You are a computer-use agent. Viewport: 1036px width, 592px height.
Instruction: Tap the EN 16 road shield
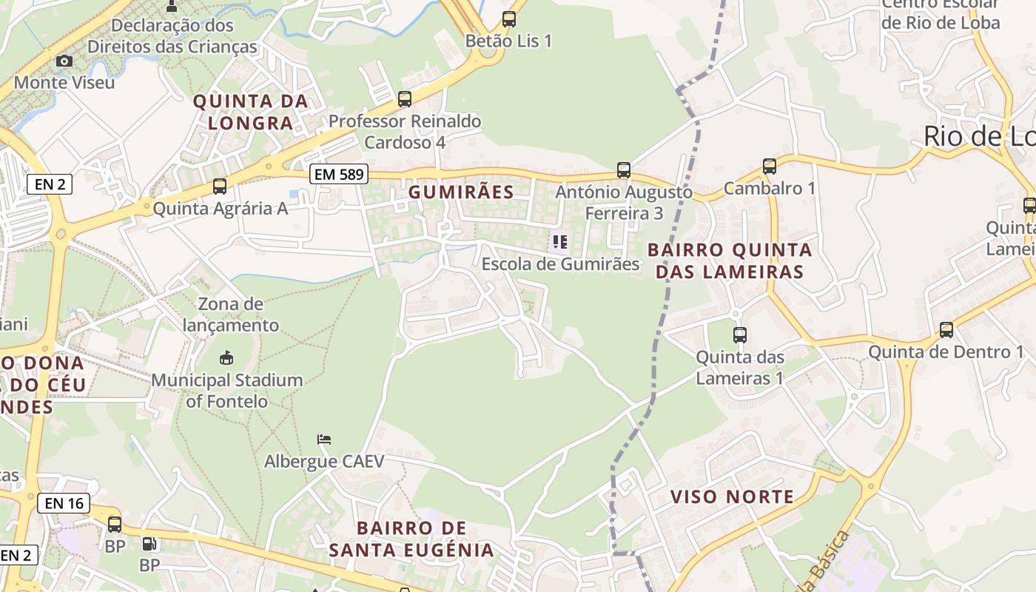pyautogui.click(x=64, y=504)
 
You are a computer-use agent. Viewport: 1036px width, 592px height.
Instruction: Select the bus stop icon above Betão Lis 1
pyautogui.click(x=509, y=19)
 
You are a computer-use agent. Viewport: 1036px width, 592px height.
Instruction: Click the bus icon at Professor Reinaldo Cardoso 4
pyautogui.click(x=405, y=99)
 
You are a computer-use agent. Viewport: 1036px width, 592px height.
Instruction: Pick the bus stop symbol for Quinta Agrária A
pyautogui.click(x=220, y=186)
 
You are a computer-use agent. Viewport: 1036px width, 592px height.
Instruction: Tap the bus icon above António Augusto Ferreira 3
pyautogui.click(x=624, y=170)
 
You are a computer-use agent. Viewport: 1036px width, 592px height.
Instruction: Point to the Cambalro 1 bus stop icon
pyautogui.click(x=770, y=166)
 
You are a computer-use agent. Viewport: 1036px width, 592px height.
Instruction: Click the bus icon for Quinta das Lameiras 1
pyautogui.click(x=739, y=335)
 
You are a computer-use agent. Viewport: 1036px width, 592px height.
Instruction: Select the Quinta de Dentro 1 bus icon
pyautogui.click(x=946, y=330)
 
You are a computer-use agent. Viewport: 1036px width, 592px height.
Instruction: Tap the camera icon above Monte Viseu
pyautogui.click(x=64, y=61)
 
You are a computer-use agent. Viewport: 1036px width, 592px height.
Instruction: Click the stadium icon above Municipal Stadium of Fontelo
pyautogui.click(x=226, y=359)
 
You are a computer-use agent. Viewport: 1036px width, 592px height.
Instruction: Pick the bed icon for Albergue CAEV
pyautogui.click(x=324, y=440)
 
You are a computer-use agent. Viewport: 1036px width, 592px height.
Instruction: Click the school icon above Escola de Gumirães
pyautogui.click(x=560, y=241)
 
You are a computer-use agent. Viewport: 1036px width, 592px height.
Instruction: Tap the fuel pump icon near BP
pyautogui.click(x=149, y=544)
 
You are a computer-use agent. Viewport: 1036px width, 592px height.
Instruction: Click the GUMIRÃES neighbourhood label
pyautogui.click(x=461, y=192)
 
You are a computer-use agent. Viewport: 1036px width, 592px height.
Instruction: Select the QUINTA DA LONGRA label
pyautogui.click(x=250, y=112)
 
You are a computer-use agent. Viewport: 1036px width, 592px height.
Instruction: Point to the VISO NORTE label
pyautogui.click(x=732, y=497)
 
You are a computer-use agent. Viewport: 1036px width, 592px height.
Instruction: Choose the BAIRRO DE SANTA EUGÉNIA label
pyautogui.click(x=411, y=539)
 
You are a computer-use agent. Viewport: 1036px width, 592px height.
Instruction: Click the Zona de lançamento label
pyautogui.click(x=231, y=314)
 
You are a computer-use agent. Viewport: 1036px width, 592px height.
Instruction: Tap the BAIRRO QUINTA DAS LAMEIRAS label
pyautogui.click(x=730, y=260)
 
